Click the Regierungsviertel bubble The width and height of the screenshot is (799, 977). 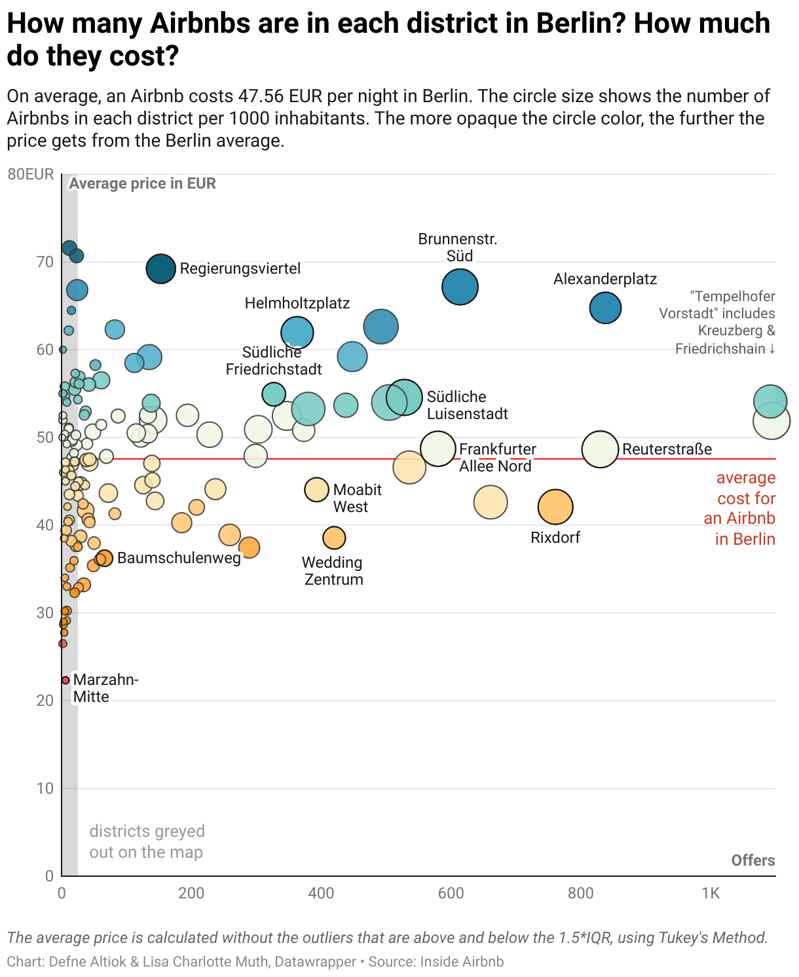160,268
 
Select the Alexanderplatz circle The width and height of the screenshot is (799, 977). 605,308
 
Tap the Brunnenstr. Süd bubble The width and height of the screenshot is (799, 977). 460,287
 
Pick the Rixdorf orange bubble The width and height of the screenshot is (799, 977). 555,507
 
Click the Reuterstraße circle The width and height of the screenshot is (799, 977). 600,450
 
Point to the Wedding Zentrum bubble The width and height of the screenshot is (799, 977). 334,538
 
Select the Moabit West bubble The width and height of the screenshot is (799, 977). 316,489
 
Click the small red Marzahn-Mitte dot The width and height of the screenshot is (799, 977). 65,680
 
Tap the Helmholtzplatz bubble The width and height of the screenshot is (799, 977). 297,333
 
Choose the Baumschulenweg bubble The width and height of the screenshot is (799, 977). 104,558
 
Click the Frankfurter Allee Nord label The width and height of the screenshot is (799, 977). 496,457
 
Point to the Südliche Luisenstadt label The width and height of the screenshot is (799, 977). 467,405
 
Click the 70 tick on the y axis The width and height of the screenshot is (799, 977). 45,262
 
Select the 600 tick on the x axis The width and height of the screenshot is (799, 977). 451,893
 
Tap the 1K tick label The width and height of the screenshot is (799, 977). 711,893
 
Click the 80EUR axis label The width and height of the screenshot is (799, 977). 31,174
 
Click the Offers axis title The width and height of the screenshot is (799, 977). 753,860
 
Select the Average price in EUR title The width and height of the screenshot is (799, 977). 142,183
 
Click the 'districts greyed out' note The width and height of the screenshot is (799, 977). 147,841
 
